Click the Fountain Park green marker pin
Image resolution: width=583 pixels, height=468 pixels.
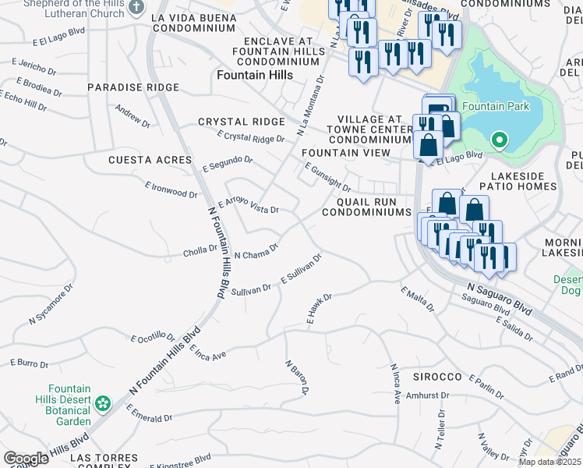coord(499,140)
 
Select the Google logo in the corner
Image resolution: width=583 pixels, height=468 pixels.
coord(26,458)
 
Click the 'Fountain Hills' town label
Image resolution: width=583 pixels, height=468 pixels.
coord(254,75)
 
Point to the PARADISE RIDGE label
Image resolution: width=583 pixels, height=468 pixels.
coord(133,87)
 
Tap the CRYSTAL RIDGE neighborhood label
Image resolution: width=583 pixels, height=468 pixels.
coord(241,122)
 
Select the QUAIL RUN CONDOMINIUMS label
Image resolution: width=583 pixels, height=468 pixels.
coord(366,207)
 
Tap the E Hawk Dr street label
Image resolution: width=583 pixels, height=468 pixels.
coord(320,310)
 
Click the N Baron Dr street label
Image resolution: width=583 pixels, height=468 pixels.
coord(298,377)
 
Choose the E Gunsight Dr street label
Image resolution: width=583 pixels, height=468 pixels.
coord(327,178)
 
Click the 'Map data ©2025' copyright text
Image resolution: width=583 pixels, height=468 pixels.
coord(549,462)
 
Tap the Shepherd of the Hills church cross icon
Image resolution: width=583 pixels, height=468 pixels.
coord(136,7)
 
